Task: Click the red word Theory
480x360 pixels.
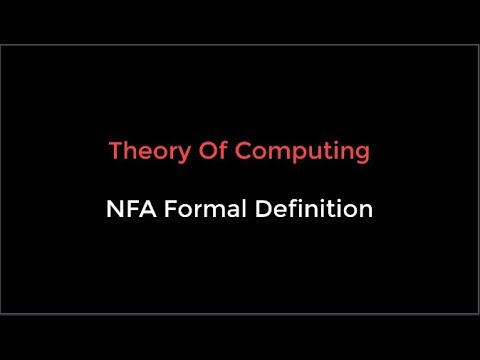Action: pos(143,152)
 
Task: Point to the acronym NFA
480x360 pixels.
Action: pos(130,211)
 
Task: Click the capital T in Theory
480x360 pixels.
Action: pos(115,152)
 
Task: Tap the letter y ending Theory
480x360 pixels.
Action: pos(173,155)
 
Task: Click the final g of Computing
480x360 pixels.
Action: pos(362,155)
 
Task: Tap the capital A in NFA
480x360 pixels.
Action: pos(146,211)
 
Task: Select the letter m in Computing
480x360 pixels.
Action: pos(272,154)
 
